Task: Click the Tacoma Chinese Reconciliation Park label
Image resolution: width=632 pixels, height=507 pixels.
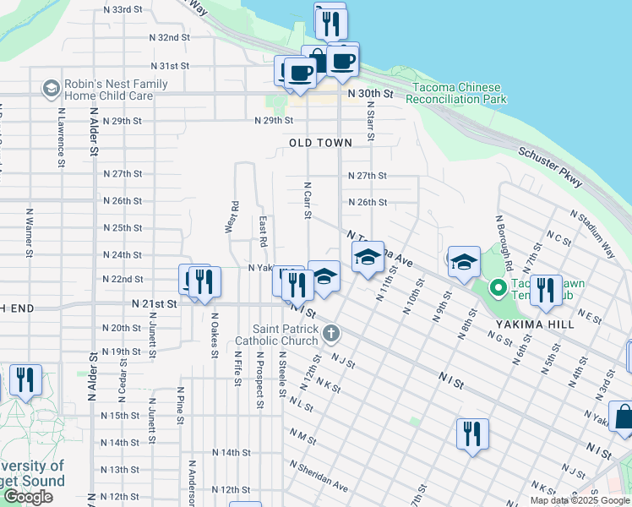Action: coord(456,93)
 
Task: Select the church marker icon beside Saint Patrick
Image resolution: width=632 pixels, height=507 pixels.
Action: coord(331,334)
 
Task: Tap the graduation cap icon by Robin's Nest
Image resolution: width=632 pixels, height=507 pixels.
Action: coord(51,89)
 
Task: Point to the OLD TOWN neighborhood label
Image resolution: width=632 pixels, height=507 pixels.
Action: coord(320,143)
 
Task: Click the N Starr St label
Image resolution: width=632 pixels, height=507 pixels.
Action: coord(370,122)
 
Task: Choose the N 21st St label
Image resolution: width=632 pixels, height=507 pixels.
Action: coord(155,303)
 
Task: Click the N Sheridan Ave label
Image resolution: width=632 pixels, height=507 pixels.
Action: coord(319,477)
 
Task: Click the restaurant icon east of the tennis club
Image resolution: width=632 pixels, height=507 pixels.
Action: coord(546,289)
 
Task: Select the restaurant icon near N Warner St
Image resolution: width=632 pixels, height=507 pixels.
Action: coord(25,380)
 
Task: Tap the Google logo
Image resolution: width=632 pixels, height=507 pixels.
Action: coord(28,497)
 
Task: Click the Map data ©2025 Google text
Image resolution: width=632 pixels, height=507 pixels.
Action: coord(579,500)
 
